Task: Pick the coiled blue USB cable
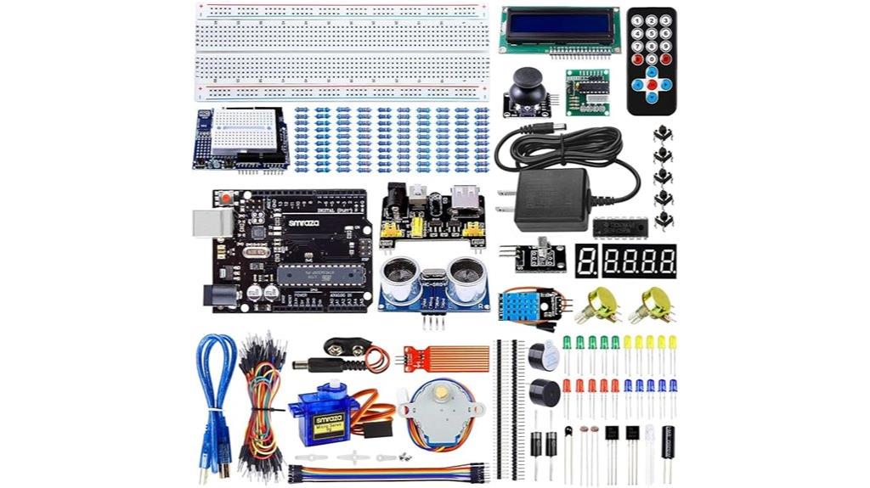215,399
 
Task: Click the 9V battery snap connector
350,347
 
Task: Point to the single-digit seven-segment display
586,261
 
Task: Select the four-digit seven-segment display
639,261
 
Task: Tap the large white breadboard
342,52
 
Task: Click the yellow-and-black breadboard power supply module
432,217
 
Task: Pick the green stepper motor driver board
588,91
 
